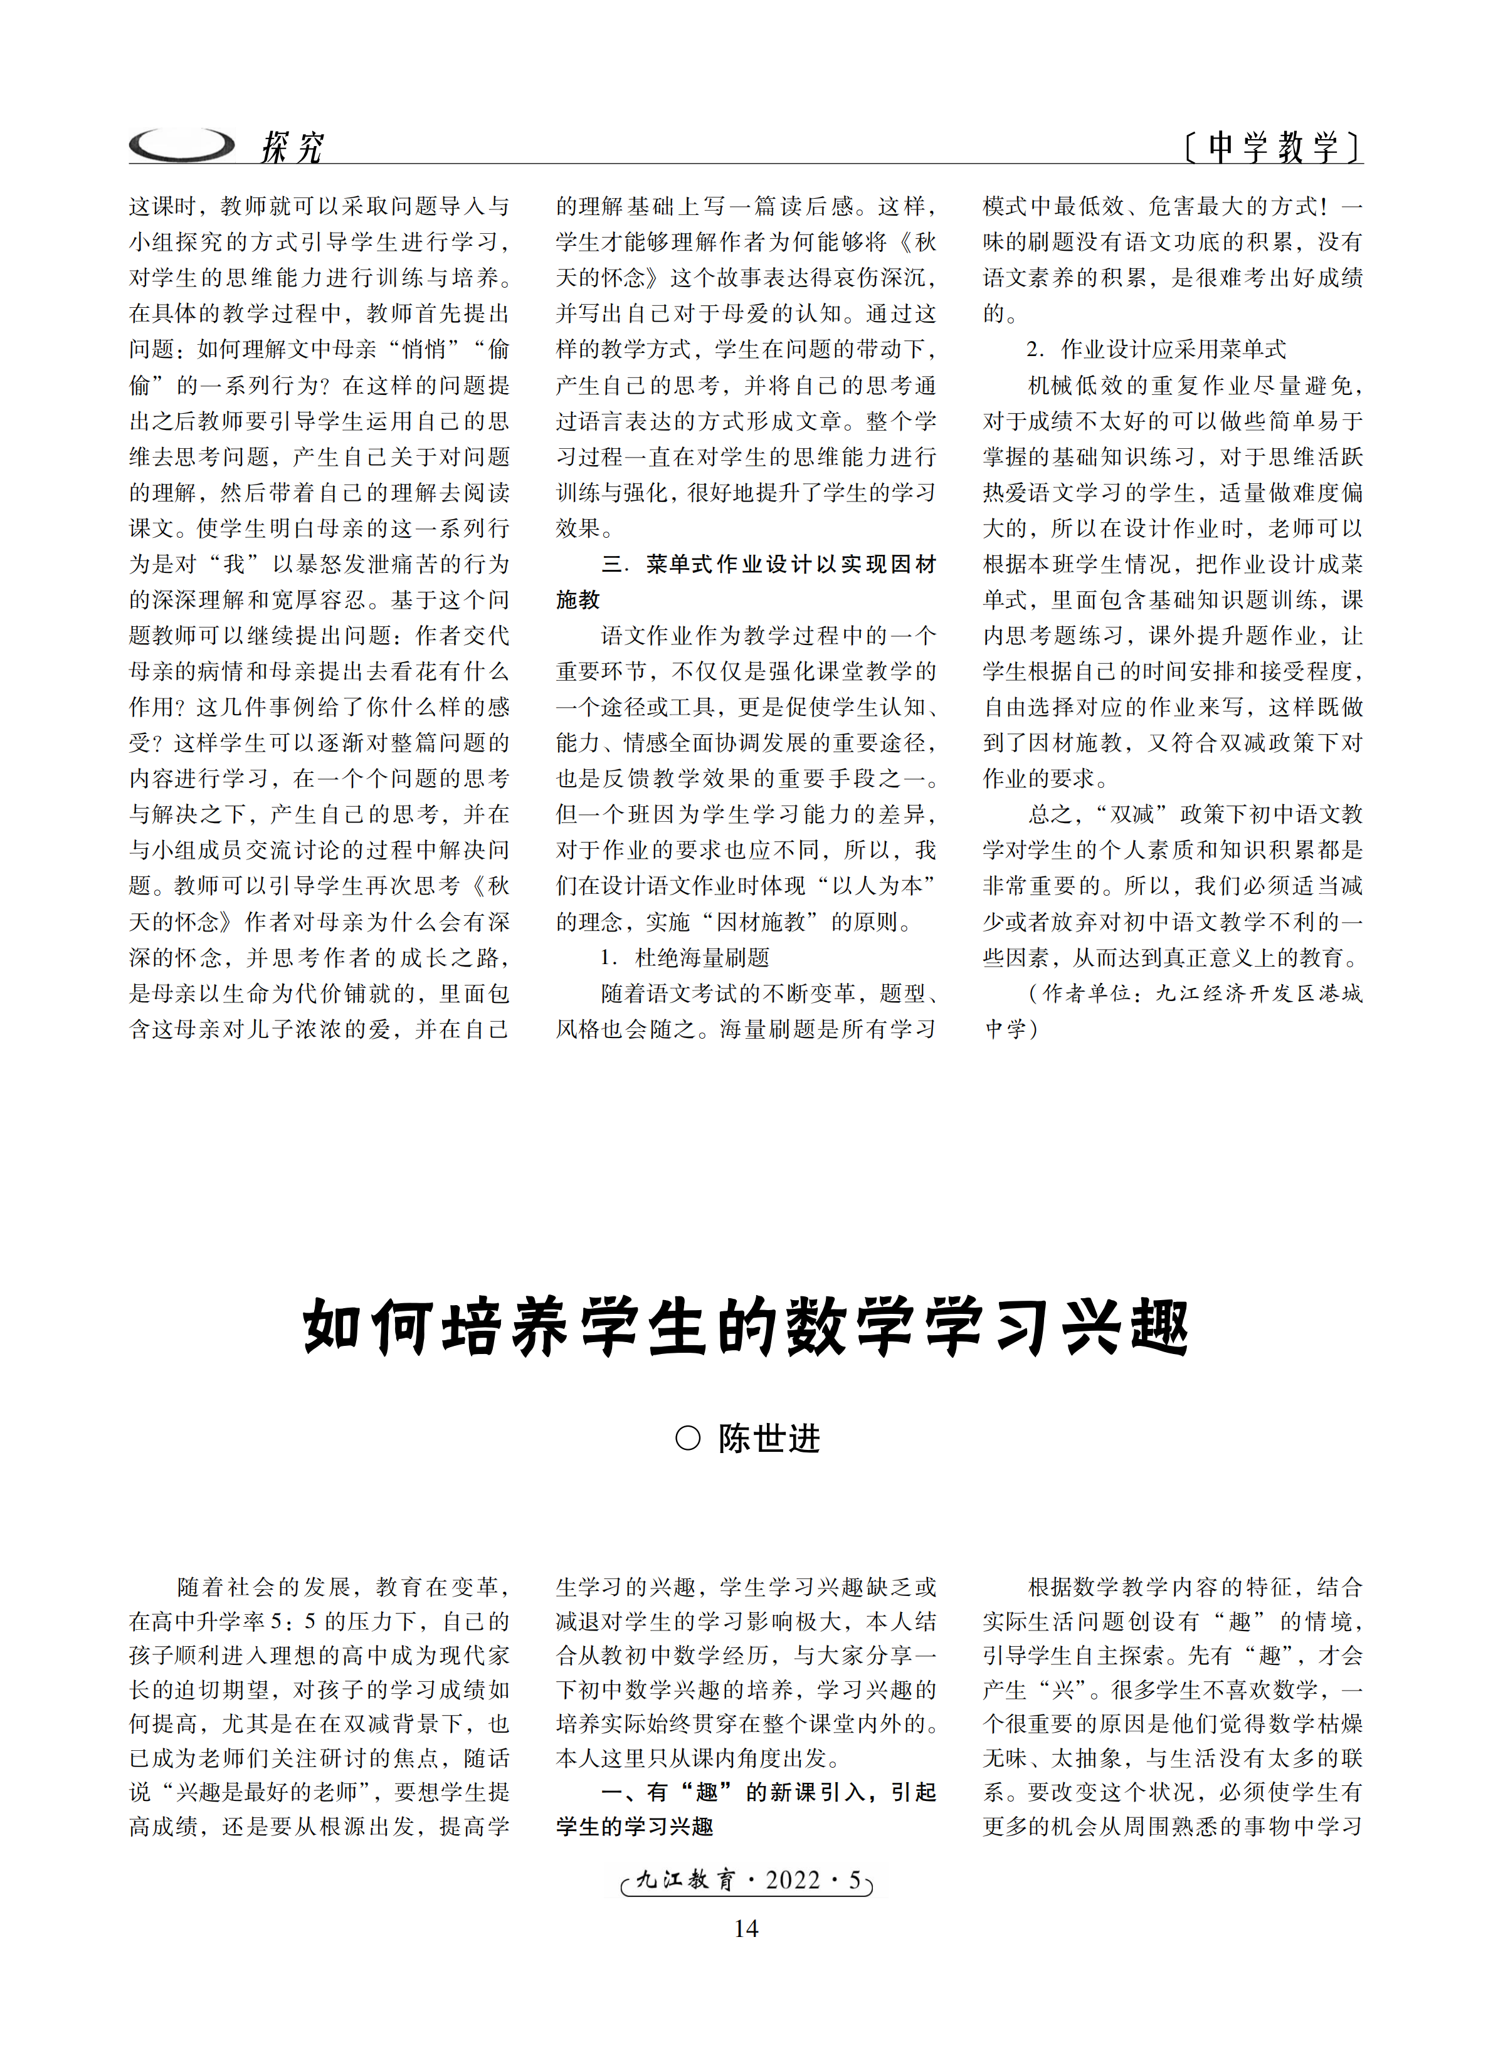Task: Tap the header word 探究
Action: (x=292, y=147)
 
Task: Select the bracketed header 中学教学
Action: (x=1273, y=146)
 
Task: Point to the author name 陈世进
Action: (x=769, y=1439)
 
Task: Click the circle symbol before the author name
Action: (x=688, y=1439)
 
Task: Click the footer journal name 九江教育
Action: (x=684, y=1880)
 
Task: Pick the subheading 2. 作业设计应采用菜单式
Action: (x=1156, y=349)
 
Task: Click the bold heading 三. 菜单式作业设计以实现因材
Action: (x=769, y=564)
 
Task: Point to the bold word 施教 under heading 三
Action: (x=578, y=600)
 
